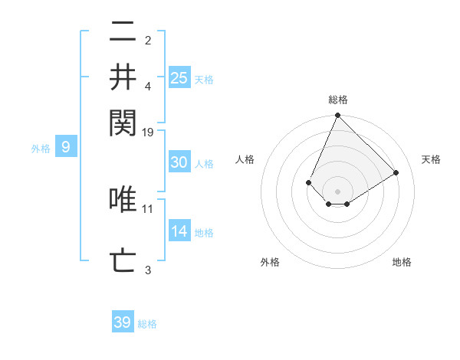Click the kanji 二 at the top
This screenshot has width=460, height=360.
(x=123, y=33)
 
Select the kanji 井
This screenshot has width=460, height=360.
(x=123, y=77)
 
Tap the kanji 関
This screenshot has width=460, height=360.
(x=123, y=121)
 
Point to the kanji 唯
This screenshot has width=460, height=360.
(x=123, y=200)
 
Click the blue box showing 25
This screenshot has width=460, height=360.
(x=179, y=77)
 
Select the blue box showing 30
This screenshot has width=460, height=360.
(x=179, y=162)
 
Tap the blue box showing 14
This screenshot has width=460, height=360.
(x=179, y=232)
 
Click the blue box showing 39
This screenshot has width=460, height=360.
(x=123, y=322)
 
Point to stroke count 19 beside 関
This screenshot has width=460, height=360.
(x=148, y=132)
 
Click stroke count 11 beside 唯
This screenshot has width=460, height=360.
(x=148, y=208)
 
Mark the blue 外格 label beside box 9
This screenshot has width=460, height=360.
(x=40, y=149)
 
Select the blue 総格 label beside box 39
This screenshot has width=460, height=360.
(x=147, y=324)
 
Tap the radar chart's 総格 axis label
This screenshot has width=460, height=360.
(x=338, y=100)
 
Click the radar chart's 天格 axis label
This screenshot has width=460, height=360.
(x=431, y=159)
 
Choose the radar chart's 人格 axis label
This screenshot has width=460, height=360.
(x=245, y=159)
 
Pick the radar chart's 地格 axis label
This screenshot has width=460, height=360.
(x=402, y=262)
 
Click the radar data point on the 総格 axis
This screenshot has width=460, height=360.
(x=337, y=116)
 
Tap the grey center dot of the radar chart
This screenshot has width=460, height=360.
(x=337, y=191)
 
